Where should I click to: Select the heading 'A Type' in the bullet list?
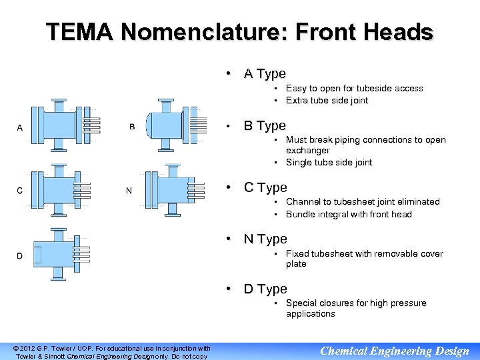pyautogui.click(x=265, y=74)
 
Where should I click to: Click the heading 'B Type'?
pyautogui.click(x=265, y=125)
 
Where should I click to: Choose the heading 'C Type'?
pyautogui.click(x=265, y=187)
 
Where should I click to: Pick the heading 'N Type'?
pyautogui.click(x=265, y=239)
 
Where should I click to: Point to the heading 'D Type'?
pyautogui.click(x=265, y=289)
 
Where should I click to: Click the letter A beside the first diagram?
pyautogui.click(x=19, y=127)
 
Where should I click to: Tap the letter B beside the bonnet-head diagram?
pyautogui.click(x=131, y=127)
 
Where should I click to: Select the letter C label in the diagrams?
pyautogui.click(x=19, y=191)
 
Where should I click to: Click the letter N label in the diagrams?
pyautogui.click(x=129, y=191)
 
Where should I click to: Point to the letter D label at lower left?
pyautogui.click(x=19, y=256)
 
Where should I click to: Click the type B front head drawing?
pyautogui.click(x=175, y=125)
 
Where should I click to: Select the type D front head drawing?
pyautogui.click(x=60, y=254)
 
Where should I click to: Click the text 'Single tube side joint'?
pyautogui.click(x=329, y=163)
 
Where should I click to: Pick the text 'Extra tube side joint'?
pyautogui.click(x=327, y=101)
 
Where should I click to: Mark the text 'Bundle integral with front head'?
pyautogui.click(x=349, y=214)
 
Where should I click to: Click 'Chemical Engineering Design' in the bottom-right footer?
pyautogui.click(x=395, y=351)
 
